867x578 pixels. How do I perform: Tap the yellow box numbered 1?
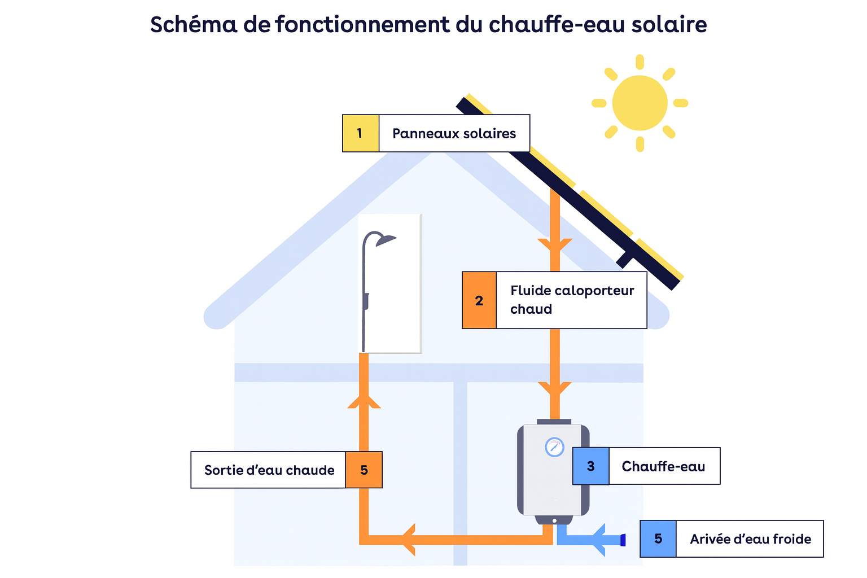pos(360,134)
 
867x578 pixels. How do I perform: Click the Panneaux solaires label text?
pos(454,134)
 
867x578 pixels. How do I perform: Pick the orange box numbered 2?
pos(479,300)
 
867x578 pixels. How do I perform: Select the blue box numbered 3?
pos(590,466)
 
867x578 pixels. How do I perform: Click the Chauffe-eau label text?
pos(663,466)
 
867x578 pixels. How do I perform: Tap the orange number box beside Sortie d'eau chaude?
pos(364,470)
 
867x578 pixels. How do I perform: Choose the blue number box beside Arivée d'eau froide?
pos(658,539)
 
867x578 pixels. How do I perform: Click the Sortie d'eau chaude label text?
pos(269,470)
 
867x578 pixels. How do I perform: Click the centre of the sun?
pos(640,103)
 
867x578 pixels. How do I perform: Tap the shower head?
pos(386,240)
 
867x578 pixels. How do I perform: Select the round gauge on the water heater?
pos(554,447)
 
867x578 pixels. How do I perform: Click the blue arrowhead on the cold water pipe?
pos(599,540)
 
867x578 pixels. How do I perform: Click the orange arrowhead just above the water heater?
pos(555,390)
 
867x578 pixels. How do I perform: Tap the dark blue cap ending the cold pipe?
pos(623,540)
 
